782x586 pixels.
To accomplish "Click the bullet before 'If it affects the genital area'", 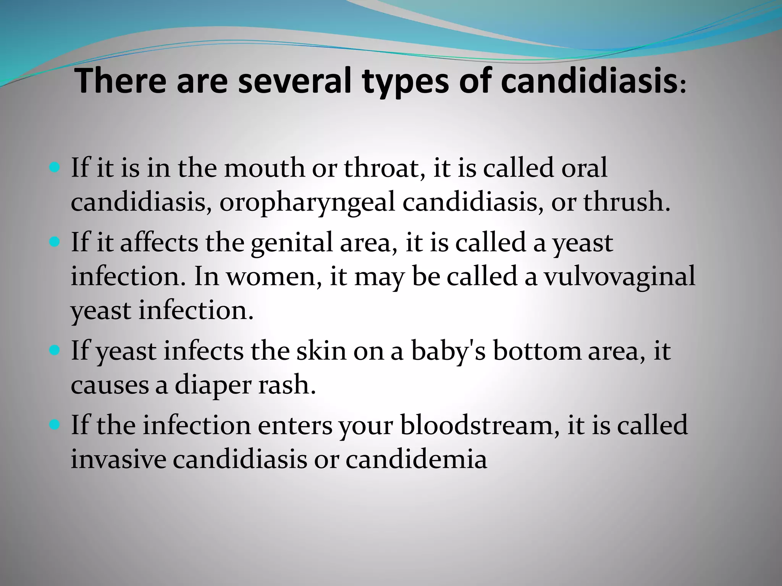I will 55,242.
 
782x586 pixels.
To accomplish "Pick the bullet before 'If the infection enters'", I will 55,424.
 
